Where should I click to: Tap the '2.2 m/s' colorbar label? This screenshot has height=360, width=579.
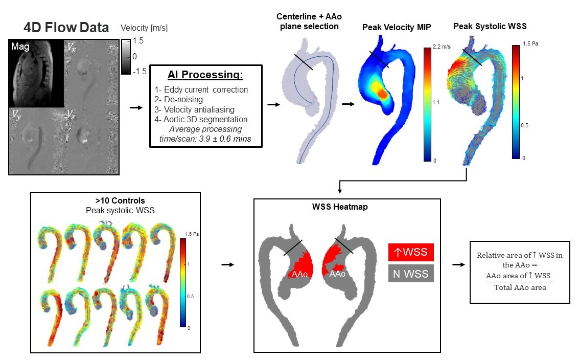pyautogui.click(x=441, y=47)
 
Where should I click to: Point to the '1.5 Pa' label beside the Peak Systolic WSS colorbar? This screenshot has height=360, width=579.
pyautogui.click(x=531, y=44)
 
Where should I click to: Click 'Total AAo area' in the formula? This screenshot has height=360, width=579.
pyautogui.click(x=520, y=287)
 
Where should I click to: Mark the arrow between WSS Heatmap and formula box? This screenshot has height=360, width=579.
pyautogui.click(x=458, y=264)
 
